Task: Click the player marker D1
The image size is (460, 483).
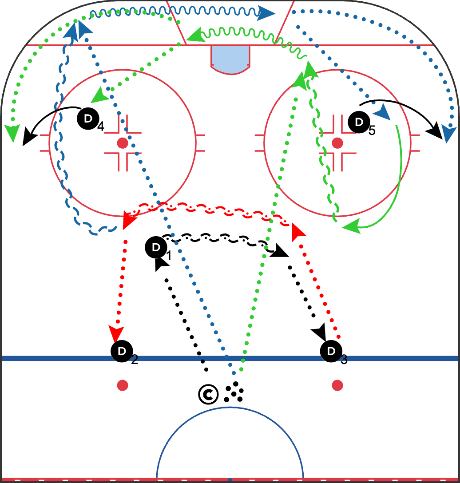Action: (x=155, y=248)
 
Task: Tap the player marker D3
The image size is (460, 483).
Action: (x=331, y=351)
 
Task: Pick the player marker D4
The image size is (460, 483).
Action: (x=87, y=118)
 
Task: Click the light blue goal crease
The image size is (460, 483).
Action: (x=230, y=59)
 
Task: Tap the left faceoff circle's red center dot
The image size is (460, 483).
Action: (x=122, y=143)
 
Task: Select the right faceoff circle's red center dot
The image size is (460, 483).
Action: (x=337, y=143)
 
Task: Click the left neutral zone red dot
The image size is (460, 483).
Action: (x=122, y=385)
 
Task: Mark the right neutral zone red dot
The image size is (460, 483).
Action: (x=337, y=385)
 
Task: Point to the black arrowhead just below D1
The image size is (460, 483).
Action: (x=161, y=264)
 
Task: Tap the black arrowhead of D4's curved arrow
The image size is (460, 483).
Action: (x=29, y=136)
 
